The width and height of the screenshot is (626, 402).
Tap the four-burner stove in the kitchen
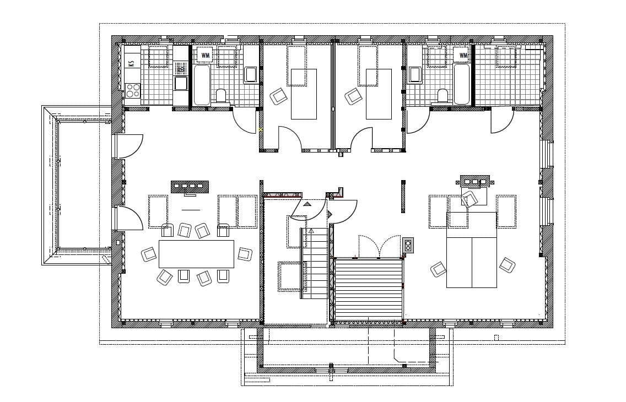[x=132, y=90]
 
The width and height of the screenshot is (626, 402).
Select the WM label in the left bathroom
[x=206, y=55]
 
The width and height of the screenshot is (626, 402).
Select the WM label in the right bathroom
[x=463, y=55]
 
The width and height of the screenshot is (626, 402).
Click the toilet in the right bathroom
[x=442, y=96]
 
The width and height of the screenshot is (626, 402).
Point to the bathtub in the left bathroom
[x=201, y=85]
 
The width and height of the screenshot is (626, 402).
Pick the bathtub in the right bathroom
[x=462, y=85]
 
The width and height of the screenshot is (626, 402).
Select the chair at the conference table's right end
[x=245, y=254]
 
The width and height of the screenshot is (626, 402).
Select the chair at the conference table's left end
[x=149, y=254]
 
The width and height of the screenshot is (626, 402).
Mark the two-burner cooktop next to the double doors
[x=408, y=245]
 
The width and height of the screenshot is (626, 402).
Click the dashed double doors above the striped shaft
[x=379, y=246]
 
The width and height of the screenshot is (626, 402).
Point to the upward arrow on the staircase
[x=311, y=232]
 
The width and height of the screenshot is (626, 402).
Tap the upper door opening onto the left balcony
[x=128, y=146]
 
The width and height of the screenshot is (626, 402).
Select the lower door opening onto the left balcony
[x=128, y=218]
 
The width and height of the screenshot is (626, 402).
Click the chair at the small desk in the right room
[x=469, y=199]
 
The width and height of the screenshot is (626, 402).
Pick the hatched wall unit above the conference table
[x=190, y=186]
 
